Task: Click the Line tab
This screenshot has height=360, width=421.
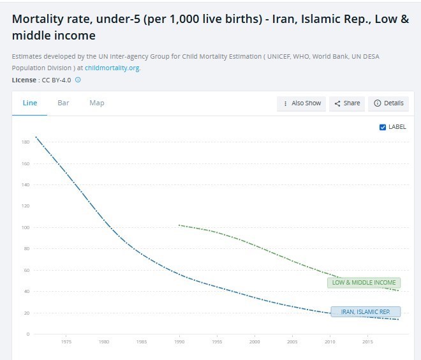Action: (30, 103)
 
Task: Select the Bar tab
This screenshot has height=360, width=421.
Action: (63, 103)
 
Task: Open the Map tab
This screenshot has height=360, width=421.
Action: (97, 103)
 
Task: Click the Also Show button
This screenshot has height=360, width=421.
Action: (301, 103)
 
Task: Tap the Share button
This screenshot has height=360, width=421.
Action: (347, 103)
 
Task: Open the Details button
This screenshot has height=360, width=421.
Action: (388, 103)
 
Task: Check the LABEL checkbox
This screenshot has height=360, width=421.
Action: (383, 127)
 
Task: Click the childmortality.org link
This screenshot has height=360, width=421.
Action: (112, 68)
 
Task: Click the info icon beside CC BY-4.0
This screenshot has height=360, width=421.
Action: (78, 80)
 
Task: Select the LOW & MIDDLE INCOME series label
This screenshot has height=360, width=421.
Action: (364, 283)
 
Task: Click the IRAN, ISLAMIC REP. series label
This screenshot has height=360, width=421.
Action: (366, 312)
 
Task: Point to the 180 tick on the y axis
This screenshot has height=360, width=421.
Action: (26, 142)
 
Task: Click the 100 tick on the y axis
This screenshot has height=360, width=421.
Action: (26, 228)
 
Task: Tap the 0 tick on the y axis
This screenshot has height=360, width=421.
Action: (28, 334)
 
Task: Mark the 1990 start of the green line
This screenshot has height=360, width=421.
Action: (179, 225)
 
